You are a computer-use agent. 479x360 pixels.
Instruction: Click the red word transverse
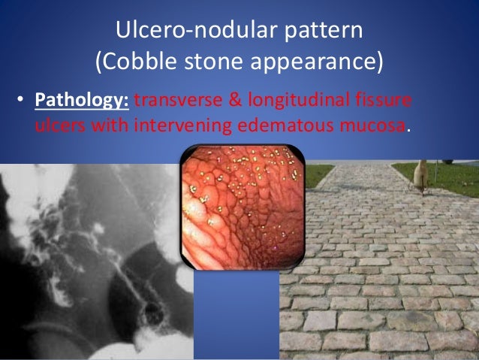174,100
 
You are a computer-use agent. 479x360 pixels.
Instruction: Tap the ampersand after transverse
239,100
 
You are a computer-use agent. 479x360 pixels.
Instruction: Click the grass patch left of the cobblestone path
321,174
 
